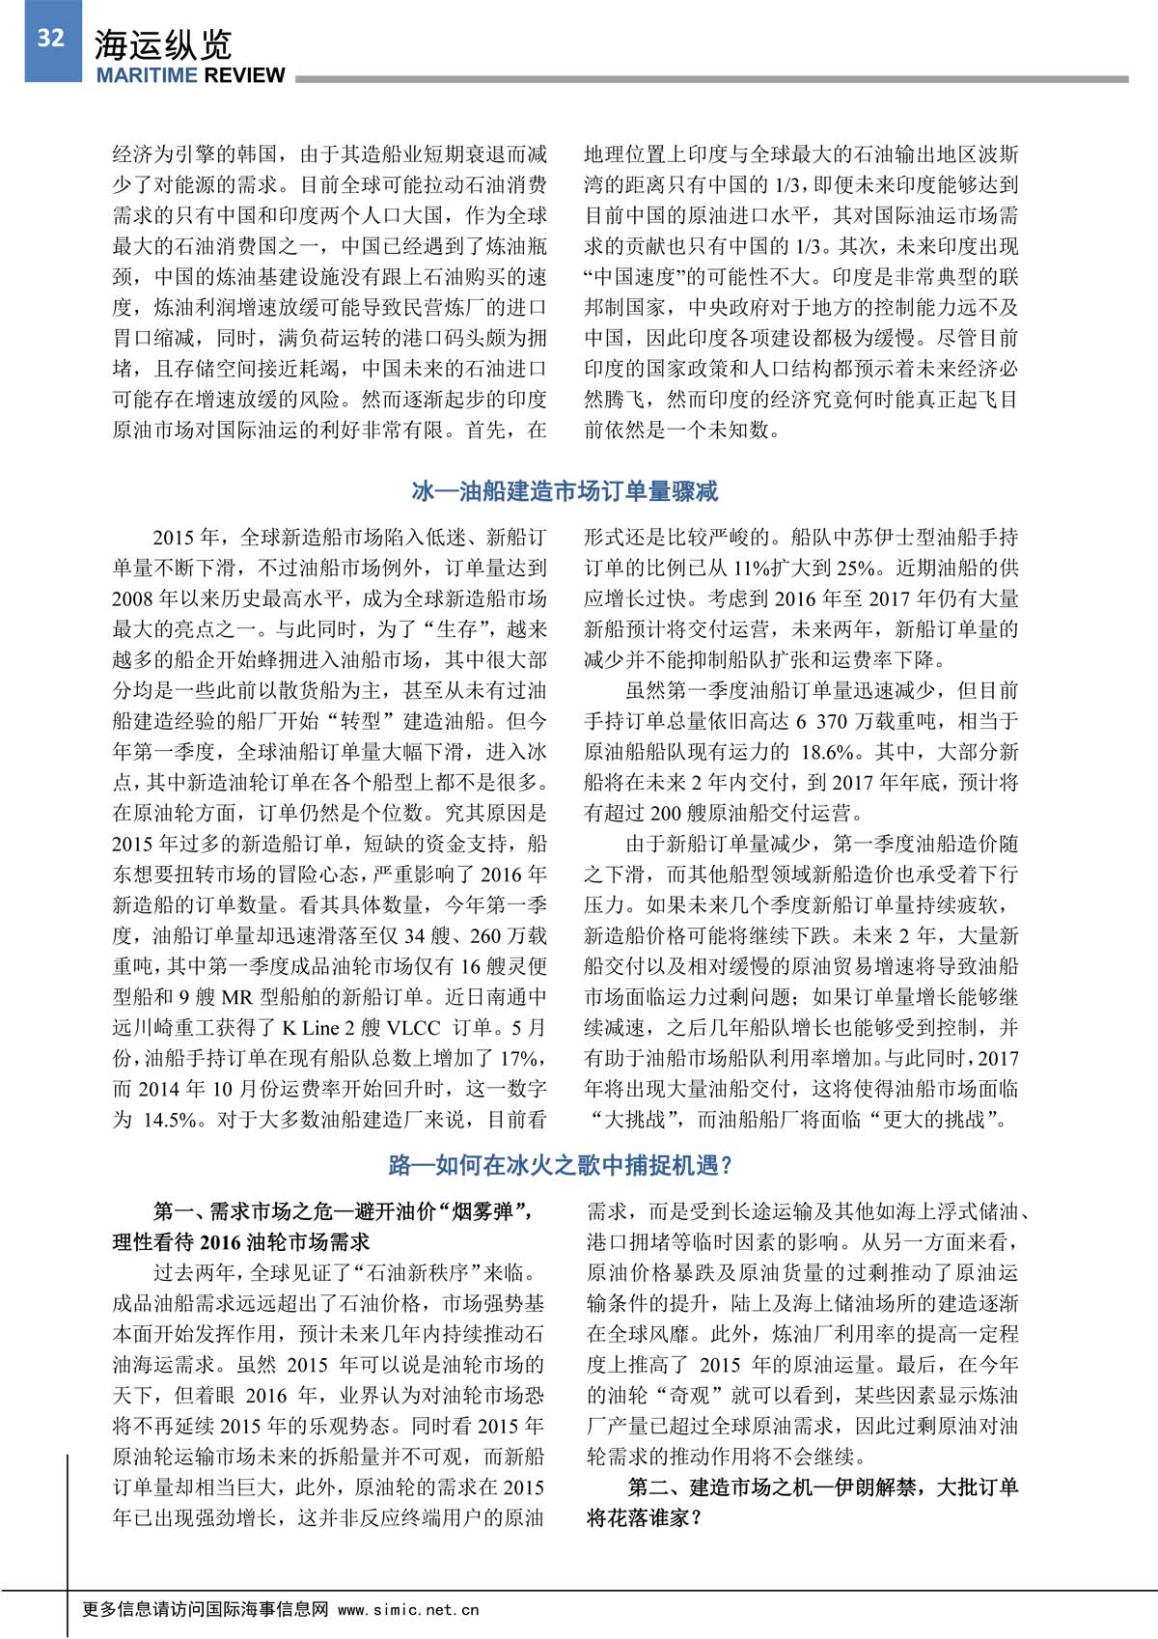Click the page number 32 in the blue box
point(51,38)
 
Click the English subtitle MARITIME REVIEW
point(190,76)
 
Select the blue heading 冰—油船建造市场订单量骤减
point(565,491)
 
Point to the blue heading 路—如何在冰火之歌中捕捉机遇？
point(561,1165)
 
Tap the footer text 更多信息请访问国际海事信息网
point(207,1608)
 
